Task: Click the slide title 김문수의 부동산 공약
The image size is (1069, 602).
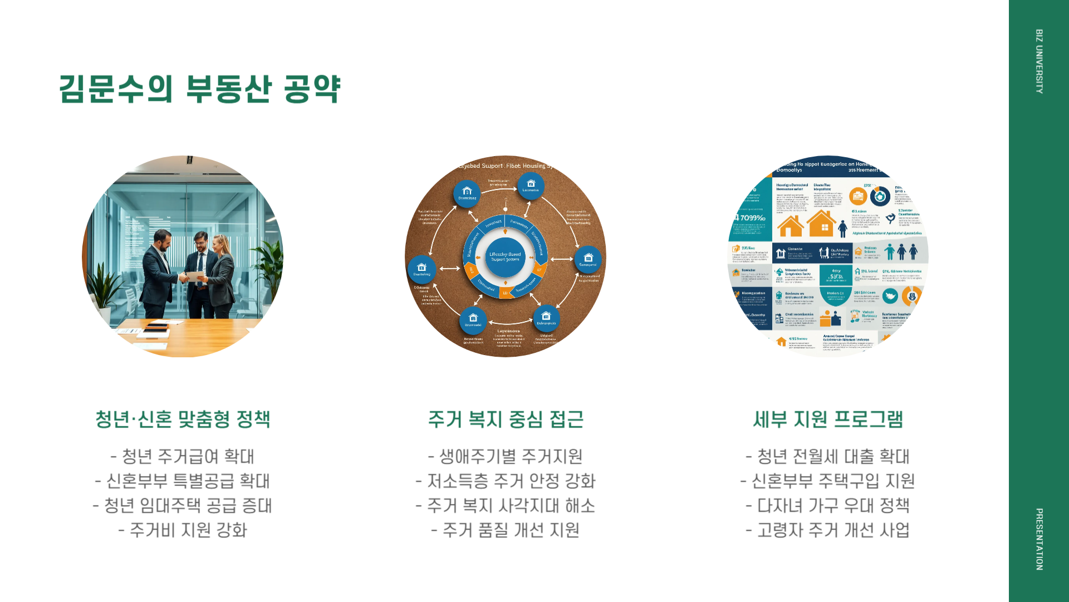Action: pyautogui.click(x=199, y=89)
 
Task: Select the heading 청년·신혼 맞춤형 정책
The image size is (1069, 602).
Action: pyautogui.click(x=183, y=419)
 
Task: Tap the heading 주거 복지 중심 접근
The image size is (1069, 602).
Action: pyautogui.click(x=506, y=419)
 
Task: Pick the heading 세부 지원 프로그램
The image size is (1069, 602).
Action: pyautogui.click(x=828, y=419)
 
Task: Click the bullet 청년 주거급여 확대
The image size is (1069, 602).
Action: pyautogui.click(x=183, y=457)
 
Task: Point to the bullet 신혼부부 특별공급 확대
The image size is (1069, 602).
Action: pyautogui.click(x=183, y=481)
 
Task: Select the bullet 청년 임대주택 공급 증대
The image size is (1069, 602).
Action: pyautogui.click(x=183, y=506)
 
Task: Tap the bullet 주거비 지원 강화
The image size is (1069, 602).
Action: pyautogui.click(x=183, y=530)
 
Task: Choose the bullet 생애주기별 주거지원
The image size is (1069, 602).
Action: pyautogui.click(x=506, y=457)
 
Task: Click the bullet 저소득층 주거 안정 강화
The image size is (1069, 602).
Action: pyautogui.click(x=506, y=481)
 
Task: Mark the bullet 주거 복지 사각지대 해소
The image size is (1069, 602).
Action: pyautogui.click(x=506, y=506)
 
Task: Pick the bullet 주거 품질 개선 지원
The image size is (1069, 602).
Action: pyautogui.click(x=506, y=530)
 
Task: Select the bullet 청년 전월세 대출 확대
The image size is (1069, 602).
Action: pyautogui.click(x=828, y=457)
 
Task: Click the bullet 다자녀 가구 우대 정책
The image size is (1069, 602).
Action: pyautogui.click(x=828, y=506)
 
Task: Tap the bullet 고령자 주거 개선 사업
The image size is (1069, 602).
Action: pyautogui.click(x=828, y=530)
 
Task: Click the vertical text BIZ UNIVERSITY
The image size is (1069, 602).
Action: pyautogui.click(x=1039, y=61)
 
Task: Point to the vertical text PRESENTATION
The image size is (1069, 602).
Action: pyautogui.click(x=1039, y=539)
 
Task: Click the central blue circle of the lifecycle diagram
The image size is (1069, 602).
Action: pyautogui.click(x=505, y=256)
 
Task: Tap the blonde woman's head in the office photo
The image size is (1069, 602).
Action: pyautogui.click(x=220, y=244)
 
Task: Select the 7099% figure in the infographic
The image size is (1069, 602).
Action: pyautogui.click(x=752, y=218)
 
